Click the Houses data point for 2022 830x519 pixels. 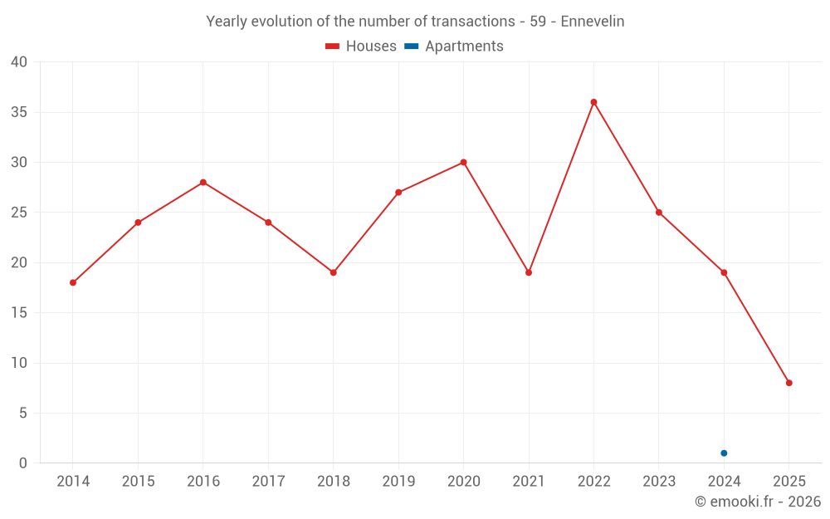point(593,102)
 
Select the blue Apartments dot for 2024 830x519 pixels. point(724,453)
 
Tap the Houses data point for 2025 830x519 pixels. point(789,383)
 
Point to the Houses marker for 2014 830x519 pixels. point(73,282)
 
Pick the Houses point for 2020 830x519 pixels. point(463,162)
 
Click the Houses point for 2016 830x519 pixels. point(203,183)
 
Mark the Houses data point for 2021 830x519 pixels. point(529,272)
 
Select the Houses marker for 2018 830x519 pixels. point(334,272)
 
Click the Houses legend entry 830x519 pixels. point(361,47)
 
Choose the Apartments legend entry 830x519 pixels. point(454,47)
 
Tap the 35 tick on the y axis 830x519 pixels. point(19,112)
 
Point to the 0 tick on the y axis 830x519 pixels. point(23,463)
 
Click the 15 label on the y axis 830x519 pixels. point(19,313)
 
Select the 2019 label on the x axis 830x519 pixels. point(398,482)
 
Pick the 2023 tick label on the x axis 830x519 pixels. point(659,482)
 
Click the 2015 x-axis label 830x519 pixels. point(138,482)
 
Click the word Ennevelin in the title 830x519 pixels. point(593,22)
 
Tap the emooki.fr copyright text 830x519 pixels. point(757,502)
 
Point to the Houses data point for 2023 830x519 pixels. point(659,213)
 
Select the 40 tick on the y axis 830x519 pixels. point(19,62)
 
